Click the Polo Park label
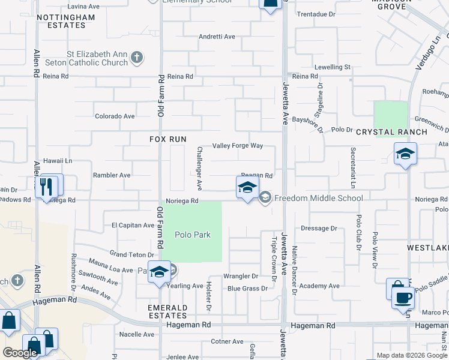(193, 235)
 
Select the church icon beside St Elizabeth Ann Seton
(137, 58)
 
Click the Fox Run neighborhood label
(168, 139)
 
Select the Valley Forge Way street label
(238, 146)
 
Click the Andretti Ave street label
(217, 37)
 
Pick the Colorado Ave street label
(115, 116)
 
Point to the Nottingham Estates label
(65, 22)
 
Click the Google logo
(20, 353)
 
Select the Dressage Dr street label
(319, 228)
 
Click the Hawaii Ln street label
(58, 161)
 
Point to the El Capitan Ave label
(133, 226)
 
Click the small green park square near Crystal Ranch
(391, 119)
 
